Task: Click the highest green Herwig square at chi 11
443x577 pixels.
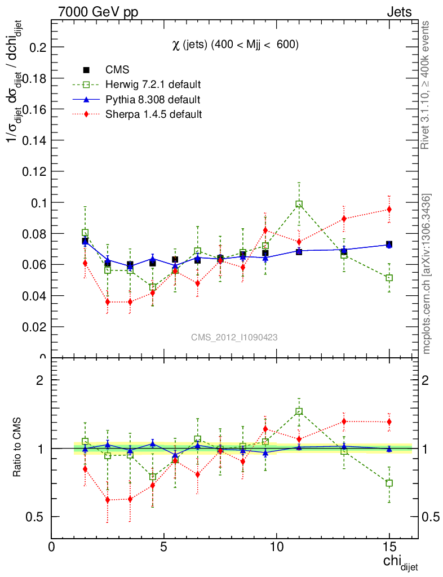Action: tap(299, 204)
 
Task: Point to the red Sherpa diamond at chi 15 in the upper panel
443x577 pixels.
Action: tap(389, 210)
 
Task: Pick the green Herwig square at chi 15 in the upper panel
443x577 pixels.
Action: tap(389, 278)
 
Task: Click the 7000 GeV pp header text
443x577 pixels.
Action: tap(98, 12)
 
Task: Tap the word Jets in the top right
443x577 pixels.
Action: tap(399, 12)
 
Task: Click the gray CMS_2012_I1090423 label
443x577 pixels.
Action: tap(234, 337)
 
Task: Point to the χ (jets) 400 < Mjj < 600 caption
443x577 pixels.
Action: tap(235, 45)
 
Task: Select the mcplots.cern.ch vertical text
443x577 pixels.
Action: tap(427, 274)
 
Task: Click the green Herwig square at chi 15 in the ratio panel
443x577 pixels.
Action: tap(389, 483)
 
